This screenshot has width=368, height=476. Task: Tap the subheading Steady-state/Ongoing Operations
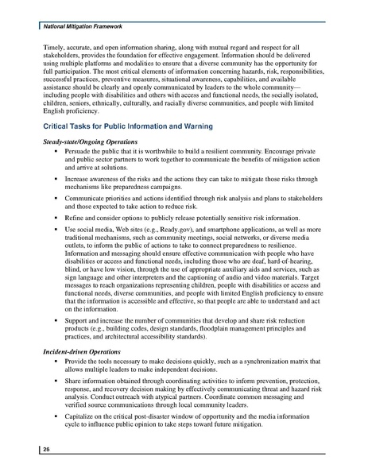(91, 141)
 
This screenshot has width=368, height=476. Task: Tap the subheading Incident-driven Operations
(82, 350)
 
